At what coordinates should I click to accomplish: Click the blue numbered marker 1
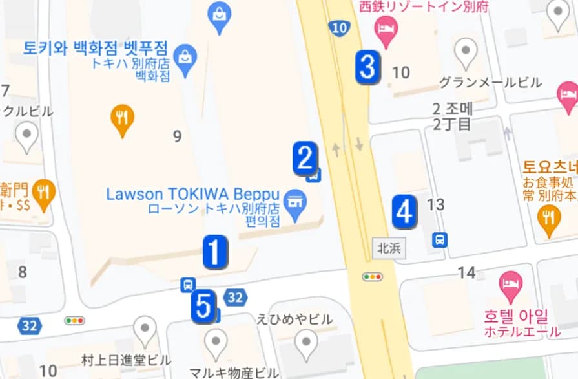click(x=215, y=252)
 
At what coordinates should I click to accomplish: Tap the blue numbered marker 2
click(x=304, y=158)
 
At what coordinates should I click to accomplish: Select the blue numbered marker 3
click(x=367, y=67)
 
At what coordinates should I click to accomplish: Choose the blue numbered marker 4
click(x=404, y=211)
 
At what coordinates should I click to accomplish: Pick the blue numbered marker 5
click(x=203, y=306)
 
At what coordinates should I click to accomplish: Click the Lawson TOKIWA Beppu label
click(x=192, y=193)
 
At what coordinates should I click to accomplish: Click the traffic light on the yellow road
click(x=373, y=277)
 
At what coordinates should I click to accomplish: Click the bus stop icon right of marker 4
click(x=439, y=240)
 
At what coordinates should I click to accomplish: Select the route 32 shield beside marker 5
click(x=236, y=297)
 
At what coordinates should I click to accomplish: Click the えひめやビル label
click(x=294, y=319)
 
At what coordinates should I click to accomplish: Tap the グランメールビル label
click(x=490, y=83)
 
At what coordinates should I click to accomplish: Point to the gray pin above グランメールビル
click(x=466, y=52)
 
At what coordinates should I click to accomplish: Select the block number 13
click(x=436, y=205)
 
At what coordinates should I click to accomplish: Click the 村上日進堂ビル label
click(x=126, y=360)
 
